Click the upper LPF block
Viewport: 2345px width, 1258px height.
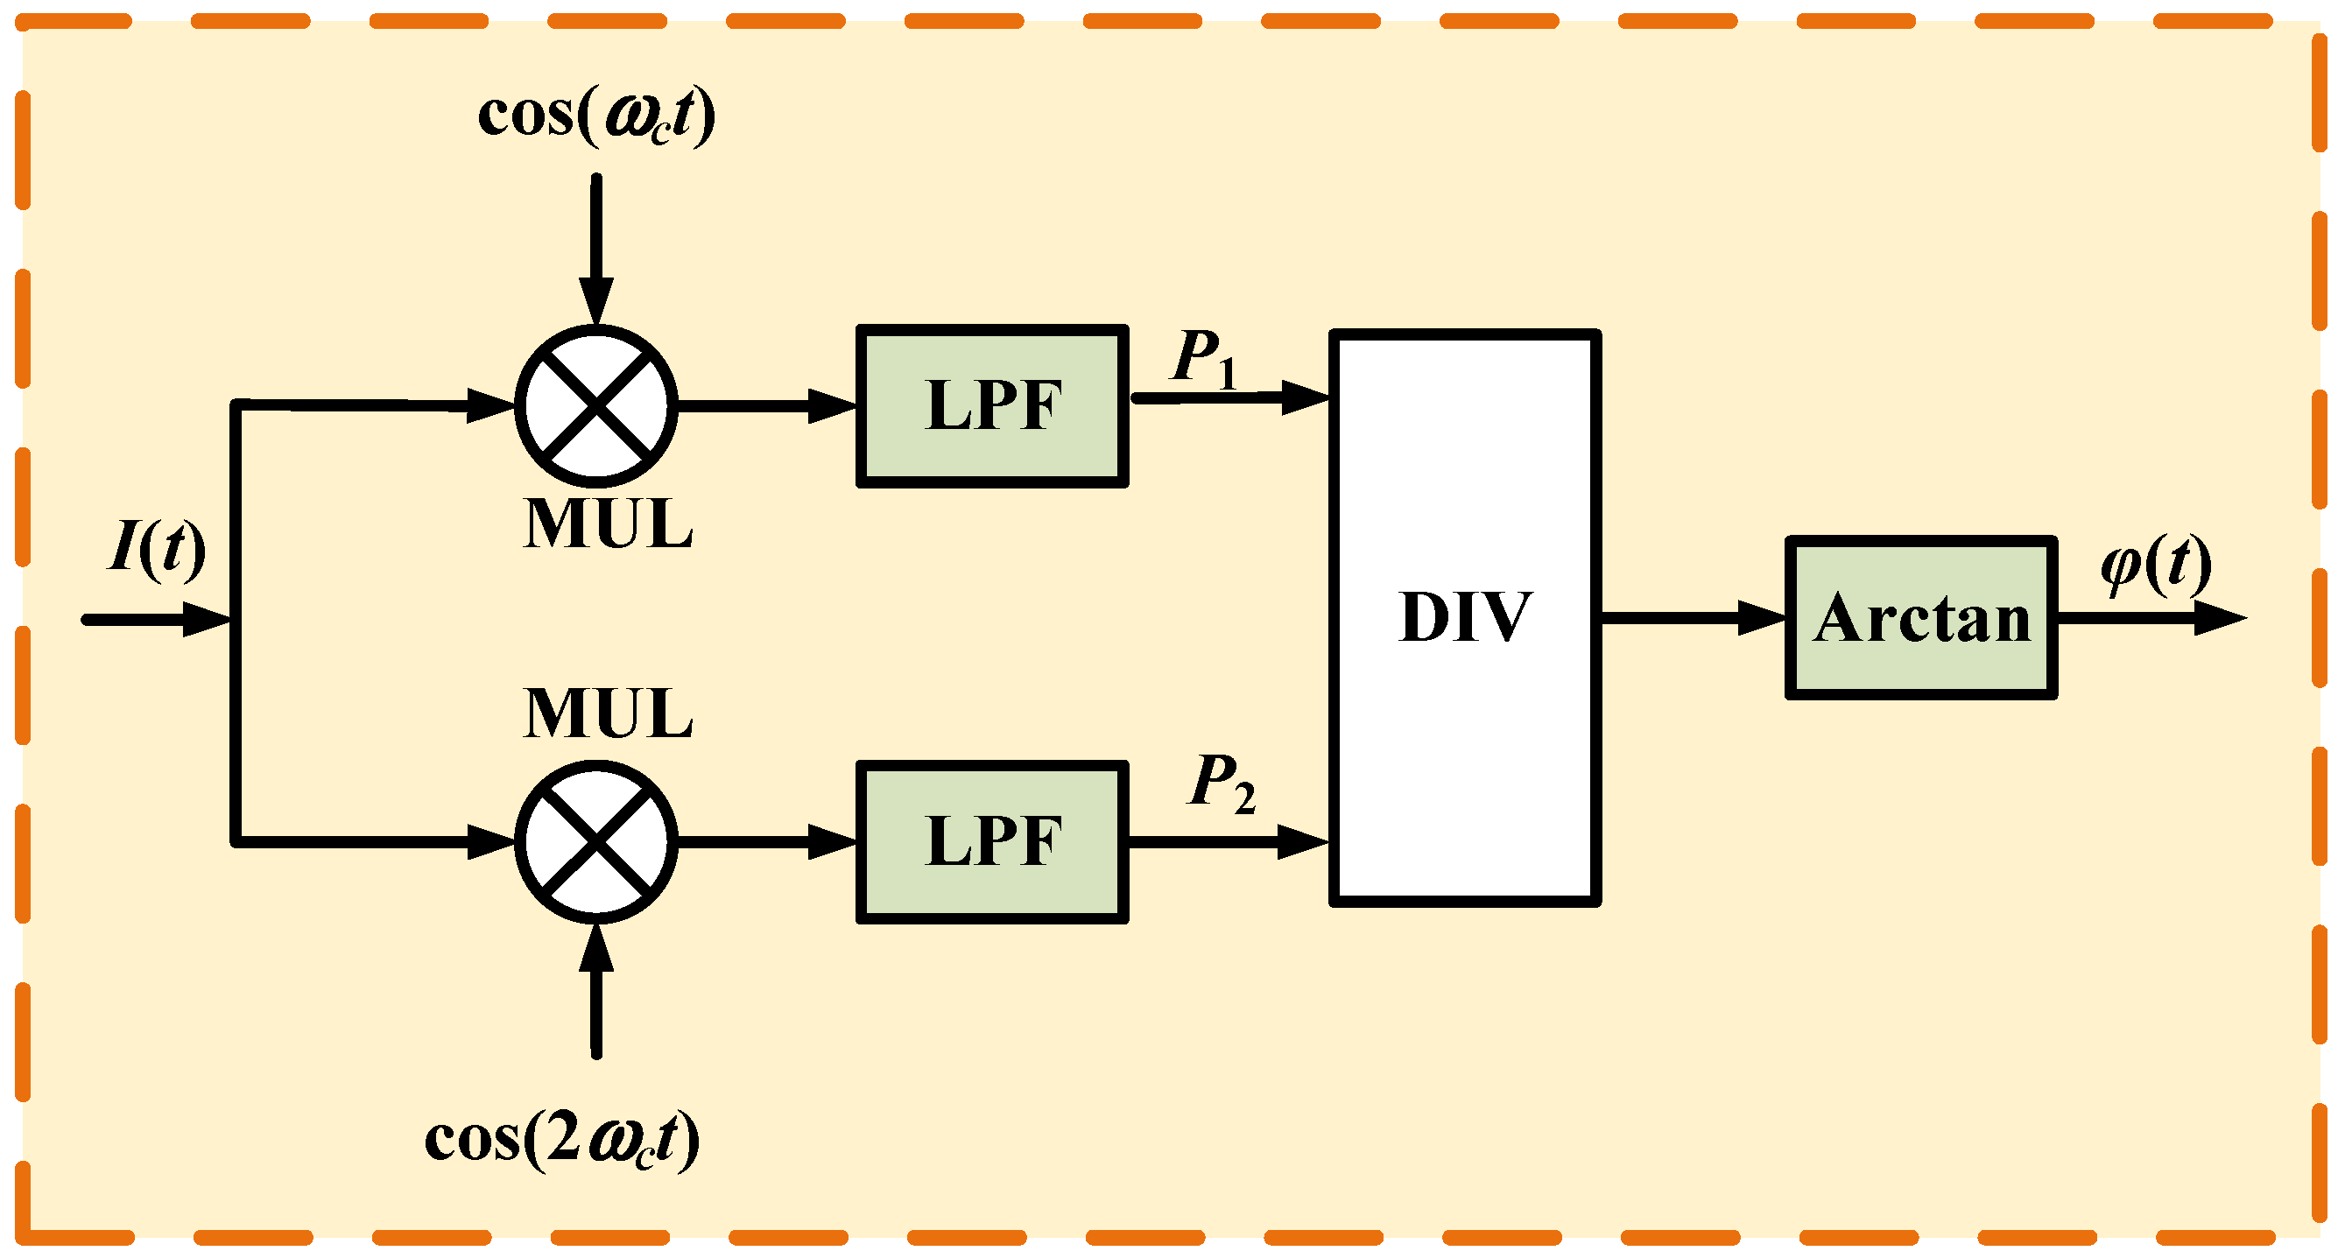(x=992, y=406)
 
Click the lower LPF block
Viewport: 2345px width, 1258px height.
(x=992, y=842)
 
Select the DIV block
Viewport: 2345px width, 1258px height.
(x=1465, y=618)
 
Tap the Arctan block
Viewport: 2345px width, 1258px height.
(x=1921, y=618)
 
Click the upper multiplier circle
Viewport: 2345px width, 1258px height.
(x=596, y=406)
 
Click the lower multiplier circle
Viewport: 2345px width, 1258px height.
(x=596, y=842)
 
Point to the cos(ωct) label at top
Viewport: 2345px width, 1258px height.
(x=596, y=116)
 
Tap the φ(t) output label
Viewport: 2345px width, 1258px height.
(x=2156, y=565)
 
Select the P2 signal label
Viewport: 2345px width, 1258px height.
(x=1222, y=783)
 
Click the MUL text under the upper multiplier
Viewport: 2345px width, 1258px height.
(x=607, y=525)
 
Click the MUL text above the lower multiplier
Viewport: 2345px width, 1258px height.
(x=607, y=713)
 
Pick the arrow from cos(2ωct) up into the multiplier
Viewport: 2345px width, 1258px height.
(x=596, y=992)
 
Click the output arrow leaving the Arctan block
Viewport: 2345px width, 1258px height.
(x=2148, y=618)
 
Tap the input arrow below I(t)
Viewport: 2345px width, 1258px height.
(x=155, y=620)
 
